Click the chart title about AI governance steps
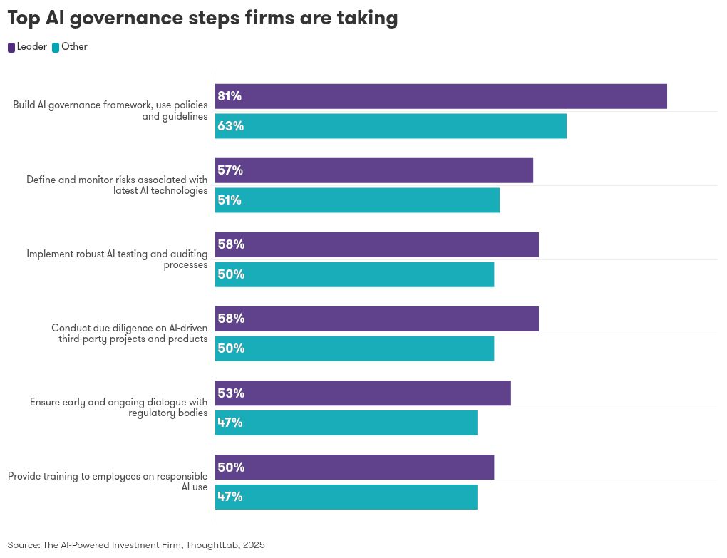tap(202, 18)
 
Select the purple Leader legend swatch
tap(11, 48)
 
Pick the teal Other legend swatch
tap(56, 48)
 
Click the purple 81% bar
tap(440, 96)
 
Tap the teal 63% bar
tap(391, 126)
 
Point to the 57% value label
tap(230, 170)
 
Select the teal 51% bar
tap(357, 200)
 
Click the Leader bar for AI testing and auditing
tap(376, 244)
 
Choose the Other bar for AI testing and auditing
tap(354, 274)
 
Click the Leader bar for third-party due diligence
tap(376, 319)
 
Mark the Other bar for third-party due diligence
tap(354, 348)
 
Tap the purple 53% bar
tap(363, 393)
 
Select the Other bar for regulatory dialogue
tap(346, 423)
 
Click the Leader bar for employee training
tap(354, 467)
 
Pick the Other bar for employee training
tap(346, 497)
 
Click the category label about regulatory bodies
tap(118, 408)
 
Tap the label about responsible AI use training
tap(108, 482)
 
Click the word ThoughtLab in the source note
tap(212, 545)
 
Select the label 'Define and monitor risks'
tap(117, 185)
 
